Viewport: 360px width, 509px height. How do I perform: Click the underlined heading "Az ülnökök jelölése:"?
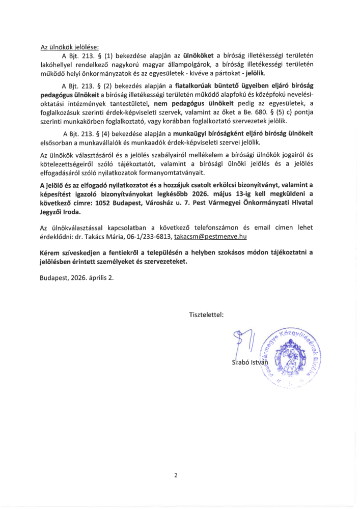pyautogui.click(x=70, y=47)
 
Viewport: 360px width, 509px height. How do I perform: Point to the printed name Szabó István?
pyautogui.click(x=249, y=362)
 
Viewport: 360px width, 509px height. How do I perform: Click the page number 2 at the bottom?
pyautogui.click(x=176, y=475)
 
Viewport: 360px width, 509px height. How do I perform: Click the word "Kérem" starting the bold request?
pyautogui.click(x=50, y=253)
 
